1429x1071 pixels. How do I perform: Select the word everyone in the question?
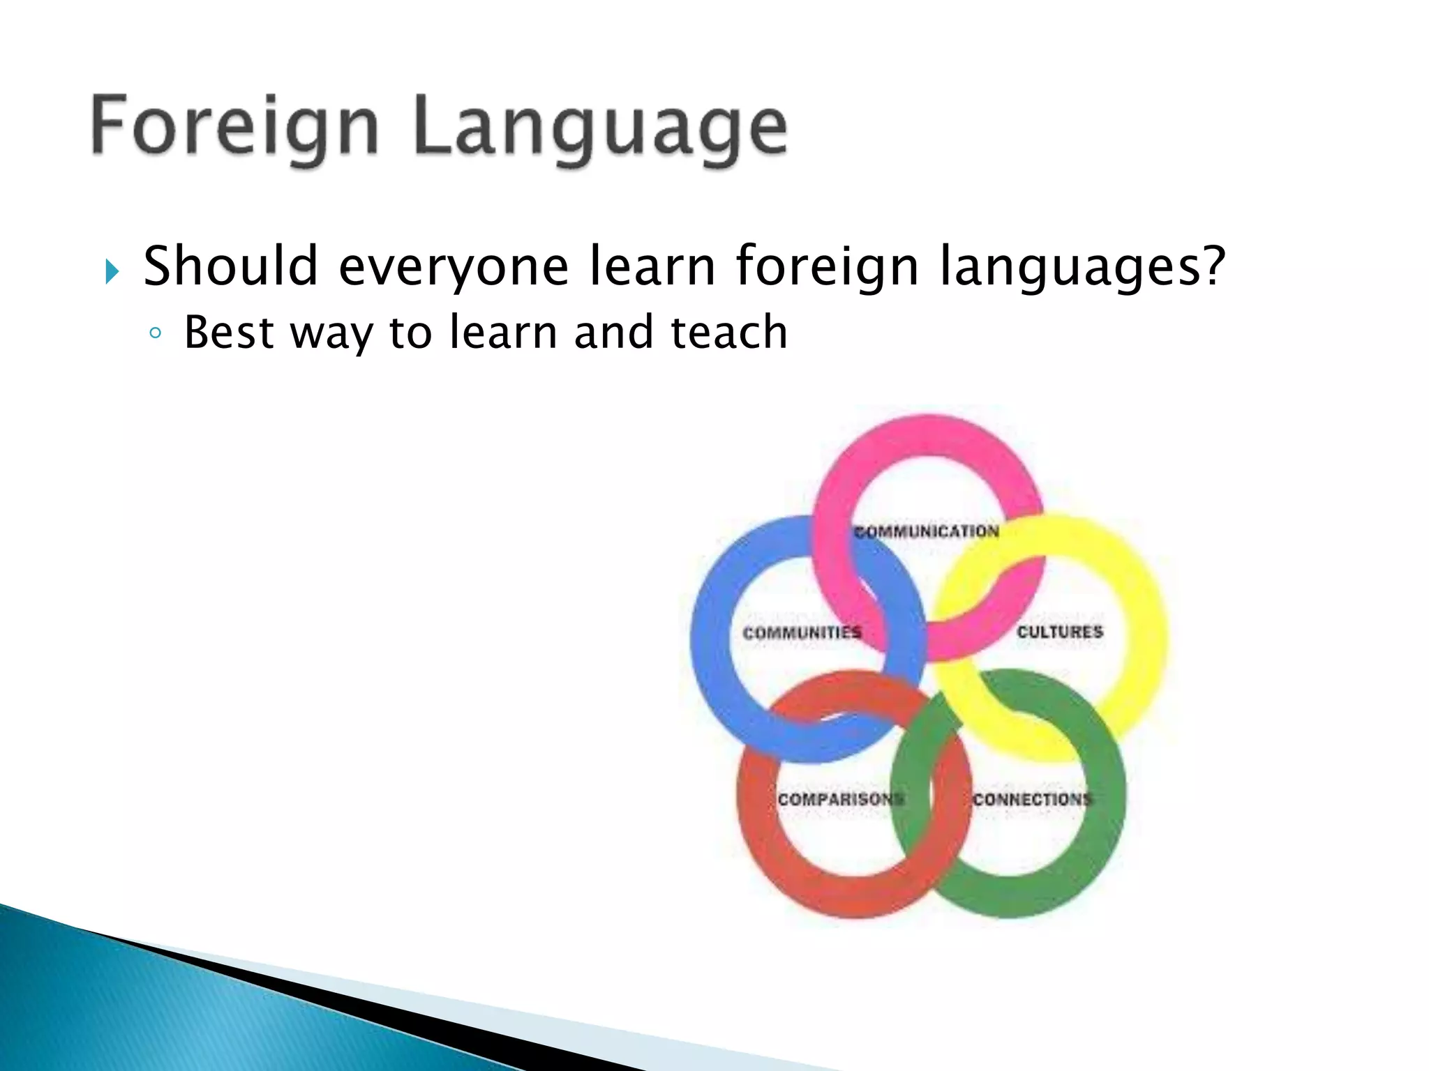tap(454, 268)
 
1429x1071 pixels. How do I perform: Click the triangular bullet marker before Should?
tap(112, 271)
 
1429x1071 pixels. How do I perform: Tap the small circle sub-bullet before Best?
tap(156, 334)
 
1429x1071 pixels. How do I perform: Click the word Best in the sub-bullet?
tap(228, 332)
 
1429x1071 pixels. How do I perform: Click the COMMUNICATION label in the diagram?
tap(927, 532)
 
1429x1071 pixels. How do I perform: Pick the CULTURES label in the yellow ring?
tap(1060, 632)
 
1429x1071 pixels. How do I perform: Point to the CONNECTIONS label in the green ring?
tap(1032, 799)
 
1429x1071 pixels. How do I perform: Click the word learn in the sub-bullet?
tap(502, 332)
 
